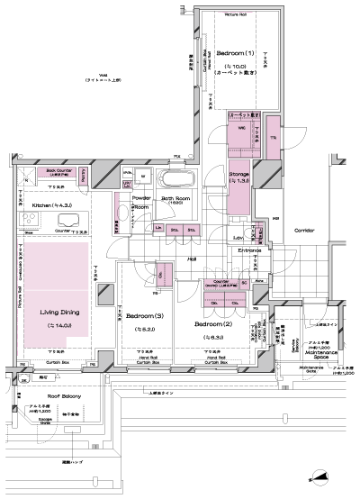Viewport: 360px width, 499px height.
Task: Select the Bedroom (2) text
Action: point(217,323)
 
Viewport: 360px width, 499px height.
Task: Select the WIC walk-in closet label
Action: point(241,128)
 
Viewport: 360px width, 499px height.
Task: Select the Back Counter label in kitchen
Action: point(58,170)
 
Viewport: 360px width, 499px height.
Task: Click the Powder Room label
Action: point(140,197)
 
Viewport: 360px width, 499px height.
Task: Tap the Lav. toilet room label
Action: point(238,237)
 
